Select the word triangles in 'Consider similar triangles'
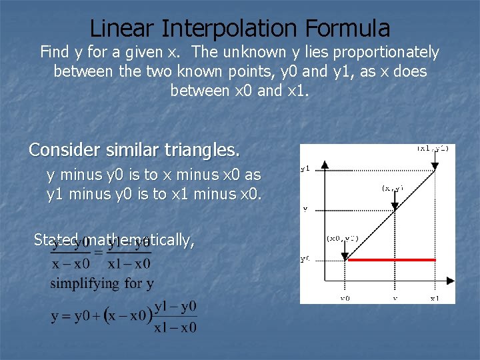click(x=204, y=150)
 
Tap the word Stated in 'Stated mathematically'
click(x=57, y=240)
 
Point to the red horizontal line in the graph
click(x=391, y=260)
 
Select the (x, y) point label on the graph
click(x=392, y=189)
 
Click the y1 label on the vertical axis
click(x=305, y=169)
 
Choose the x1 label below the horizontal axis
click(x=434, y=298)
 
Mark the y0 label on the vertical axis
click(x=305, y=260)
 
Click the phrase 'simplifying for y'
click(x=102, y=283)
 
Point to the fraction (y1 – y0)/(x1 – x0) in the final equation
click(x=175, y=317)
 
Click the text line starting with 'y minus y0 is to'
click(x=153, y=175)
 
